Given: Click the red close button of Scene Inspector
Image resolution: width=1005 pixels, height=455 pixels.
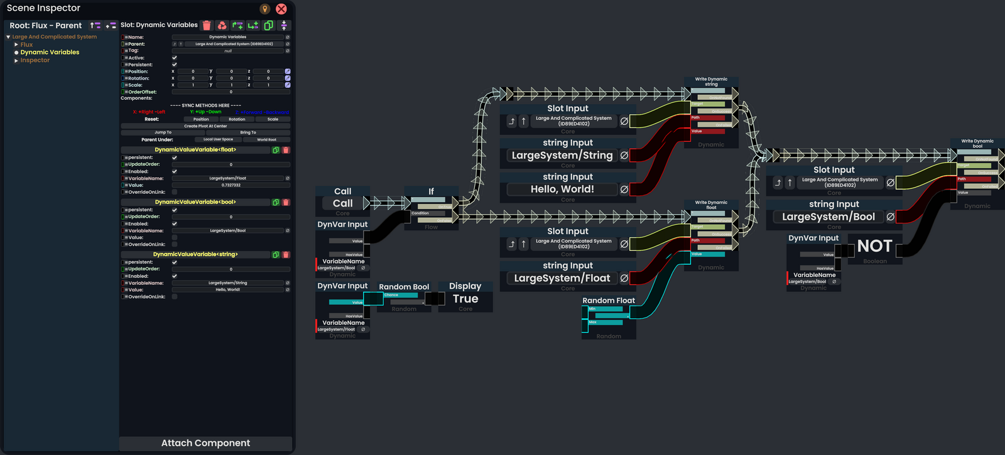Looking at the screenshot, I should coord(281,9).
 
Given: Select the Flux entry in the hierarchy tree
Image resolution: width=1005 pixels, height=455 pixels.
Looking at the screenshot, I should coord(26,45).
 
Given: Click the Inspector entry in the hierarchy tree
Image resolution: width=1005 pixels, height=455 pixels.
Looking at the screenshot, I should coord(35,60).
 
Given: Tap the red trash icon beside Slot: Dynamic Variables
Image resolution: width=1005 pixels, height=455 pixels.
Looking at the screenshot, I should coord(207,26).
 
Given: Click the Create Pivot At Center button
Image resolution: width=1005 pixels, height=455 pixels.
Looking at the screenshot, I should coord(205,126).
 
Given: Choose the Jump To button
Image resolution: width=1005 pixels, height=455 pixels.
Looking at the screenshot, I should coord(163,132).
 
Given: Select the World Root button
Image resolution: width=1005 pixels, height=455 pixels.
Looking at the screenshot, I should coord(266,139).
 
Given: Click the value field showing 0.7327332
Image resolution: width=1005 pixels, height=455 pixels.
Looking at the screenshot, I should coord(231,185).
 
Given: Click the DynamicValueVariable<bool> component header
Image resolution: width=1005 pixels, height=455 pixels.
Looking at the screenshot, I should coord(195,202).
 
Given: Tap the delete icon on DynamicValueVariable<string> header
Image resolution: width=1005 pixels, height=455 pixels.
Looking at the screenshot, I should coord(286,255).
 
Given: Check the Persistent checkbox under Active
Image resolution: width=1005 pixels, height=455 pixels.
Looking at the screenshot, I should coord(175,65).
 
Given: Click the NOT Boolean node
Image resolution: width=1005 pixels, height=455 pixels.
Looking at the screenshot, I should coord(874,247).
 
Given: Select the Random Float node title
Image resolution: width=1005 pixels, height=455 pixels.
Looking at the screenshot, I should coord(608,301).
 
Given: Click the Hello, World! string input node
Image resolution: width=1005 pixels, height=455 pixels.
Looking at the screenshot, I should coord(562,189).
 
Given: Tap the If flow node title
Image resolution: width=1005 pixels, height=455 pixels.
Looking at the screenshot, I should coord(431,191).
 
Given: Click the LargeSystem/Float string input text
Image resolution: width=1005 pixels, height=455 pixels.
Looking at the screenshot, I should coord(562,278).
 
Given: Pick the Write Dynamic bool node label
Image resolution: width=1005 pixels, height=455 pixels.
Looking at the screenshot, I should coord(977,144).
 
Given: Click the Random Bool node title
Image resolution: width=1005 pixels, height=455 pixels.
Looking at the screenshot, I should coord(404,287).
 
